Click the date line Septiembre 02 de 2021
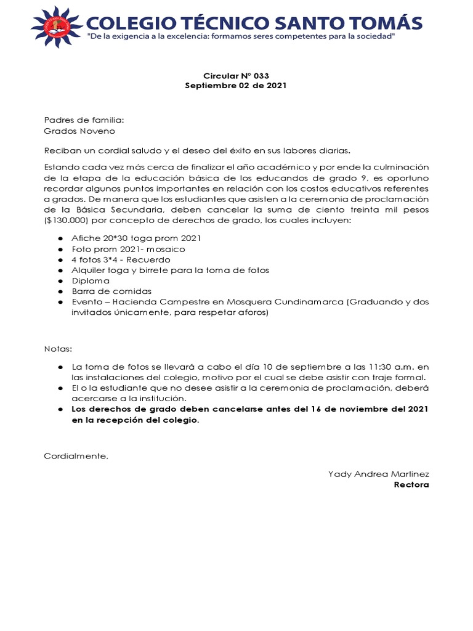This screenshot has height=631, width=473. pyautogui.click(x=236, y=86)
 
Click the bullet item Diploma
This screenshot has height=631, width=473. pyautogui.click(x=91, y=280)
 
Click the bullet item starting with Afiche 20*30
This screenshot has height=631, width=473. pyautogui.click(x=136, y=238)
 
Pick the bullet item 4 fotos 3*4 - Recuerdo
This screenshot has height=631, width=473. pyautogui.click(x=121, y=259)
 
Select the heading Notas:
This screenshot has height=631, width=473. pyautogui.click(x=59, y=348)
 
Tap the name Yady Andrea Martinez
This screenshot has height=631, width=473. pyautogui.click(x=378, y=474)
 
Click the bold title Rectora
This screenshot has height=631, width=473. pyautogui.click(x=411, y=484)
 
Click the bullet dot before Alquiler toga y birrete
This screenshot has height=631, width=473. pyautogui.click(x=60, y=270)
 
